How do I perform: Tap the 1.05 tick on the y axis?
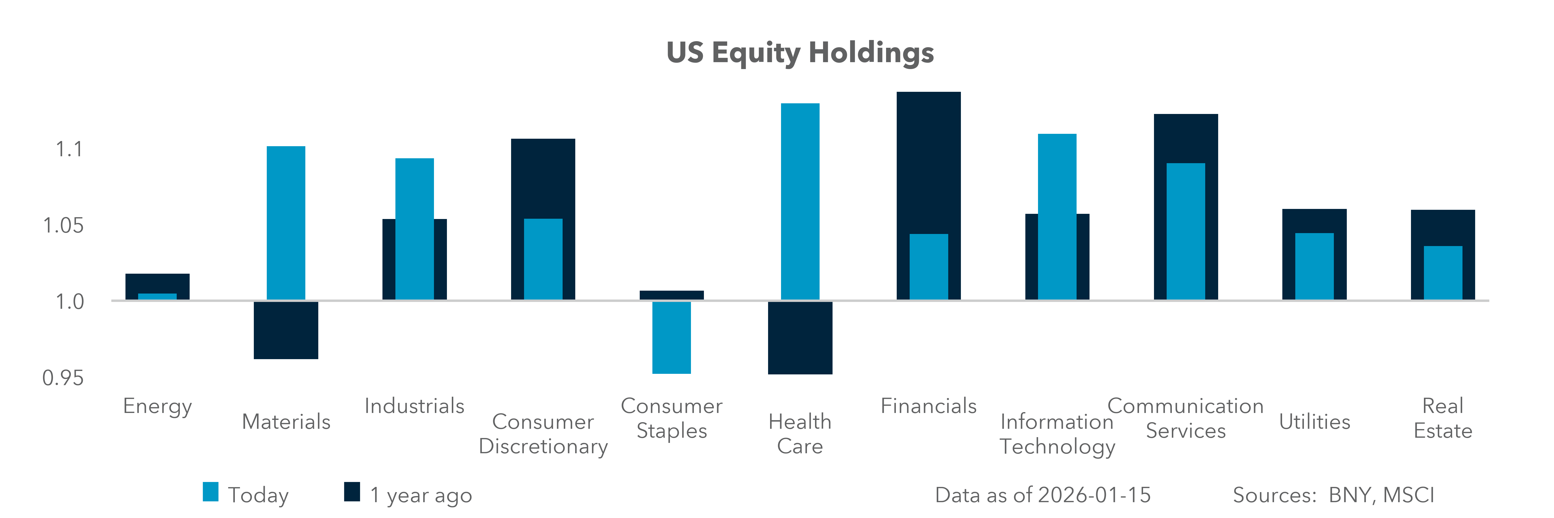(x=63, y=226)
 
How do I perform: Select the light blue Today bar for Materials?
(x=286, y=223)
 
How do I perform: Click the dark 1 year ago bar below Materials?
(x=286, y=330)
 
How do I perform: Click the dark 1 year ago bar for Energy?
(x=157, y=282)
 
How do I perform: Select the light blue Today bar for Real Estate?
(x=1443, y=273)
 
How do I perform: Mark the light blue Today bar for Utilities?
(x=1315, y=266)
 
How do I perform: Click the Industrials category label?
(x=414, y=406)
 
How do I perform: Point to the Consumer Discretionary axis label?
(x=543, y=434)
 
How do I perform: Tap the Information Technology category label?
(x=1057, y=434)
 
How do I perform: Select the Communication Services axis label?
(x=1185, y=418)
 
